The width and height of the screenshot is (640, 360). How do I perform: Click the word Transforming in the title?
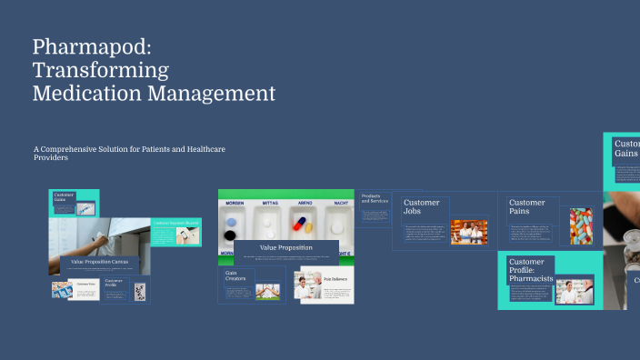click(x=100, y=70)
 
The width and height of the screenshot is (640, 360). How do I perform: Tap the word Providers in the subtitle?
click(x=51, y=157)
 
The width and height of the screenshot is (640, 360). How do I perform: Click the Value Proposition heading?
click(x=286, y=247)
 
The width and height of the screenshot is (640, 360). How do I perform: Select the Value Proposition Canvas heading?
click(x=99, y=262)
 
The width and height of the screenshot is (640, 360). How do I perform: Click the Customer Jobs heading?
click(x=421, y=207)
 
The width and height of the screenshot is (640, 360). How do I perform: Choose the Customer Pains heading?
click(x=527, y=207)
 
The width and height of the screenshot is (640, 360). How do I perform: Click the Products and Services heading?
click(x=375, y=198)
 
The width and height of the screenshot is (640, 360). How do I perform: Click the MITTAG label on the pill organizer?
click(x=270, y=204)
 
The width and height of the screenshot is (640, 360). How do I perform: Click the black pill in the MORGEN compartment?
click(x=229, y=235)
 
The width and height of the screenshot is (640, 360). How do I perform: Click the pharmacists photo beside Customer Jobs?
click(x=468, y=233)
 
